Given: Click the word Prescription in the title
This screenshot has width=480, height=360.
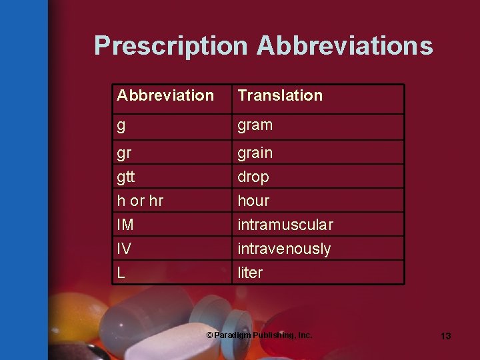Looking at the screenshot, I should (171, 45).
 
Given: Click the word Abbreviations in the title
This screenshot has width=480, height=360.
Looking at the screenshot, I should (345, 45).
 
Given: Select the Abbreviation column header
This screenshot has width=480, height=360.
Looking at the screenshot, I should (165, 95).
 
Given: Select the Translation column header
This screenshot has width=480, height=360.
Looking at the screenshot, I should (280, 95).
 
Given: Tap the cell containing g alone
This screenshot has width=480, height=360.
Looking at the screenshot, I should (121, 125).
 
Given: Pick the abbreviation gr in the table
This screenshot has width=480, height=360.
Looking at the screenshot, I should (124, 153).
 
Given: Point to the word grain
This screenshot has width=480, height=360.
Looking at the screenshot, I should (255, 153).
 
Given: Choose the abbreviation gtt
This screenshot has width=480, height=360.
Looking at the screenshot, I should (126, 177).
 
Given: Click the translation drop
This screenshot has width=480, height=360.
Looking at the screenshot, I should (253, 177).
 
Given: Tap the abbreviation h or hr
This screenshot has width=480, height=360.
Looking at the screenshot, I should (140, 201).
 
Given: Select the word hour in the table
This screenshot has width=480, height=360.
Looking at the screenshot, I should (253, 201).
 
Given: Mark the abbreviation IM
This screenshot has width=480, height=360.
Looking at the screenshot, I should (125, 225).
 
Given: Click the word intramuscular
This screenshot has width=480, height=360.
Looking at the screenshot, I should (285, 225).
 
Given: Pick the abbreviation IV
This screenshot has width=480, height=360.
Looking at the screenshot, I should (124, 249).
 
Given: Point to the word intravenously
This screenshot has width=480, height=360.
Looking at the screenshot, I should (284, 249).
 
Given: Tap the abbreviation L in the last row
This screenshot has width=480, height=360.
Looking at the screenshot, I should (121, 273).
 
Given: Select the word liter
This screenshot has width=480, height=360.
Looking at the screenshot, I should (250, 273).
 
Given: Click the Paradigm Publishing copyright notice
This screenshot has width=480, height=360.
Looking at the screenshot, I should (259, 335).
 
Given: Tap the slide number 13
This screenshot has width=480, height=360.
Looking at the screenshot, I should (445, 336).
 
